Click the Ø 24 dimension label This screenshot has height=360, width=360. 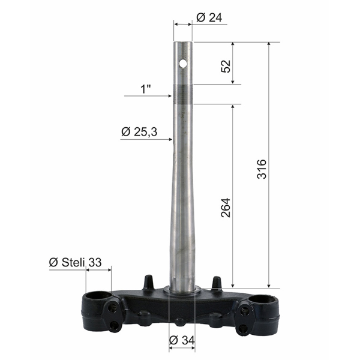click(209, 18)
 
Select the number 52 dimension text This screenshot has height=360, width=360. click(226, 65)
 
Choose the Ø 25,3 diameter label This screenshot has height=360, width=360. click(139, 131)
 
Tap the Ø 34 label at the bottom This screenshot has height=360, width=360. click(182, 341)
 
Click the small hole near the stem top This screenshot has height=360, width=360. click(184, 62)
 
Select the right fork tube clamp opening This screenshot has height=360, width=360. click(265, 298)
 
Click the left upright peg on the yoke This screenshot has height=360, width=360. click(148, 282)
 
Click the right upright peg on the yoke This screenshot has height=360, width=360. click(216, 282)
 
